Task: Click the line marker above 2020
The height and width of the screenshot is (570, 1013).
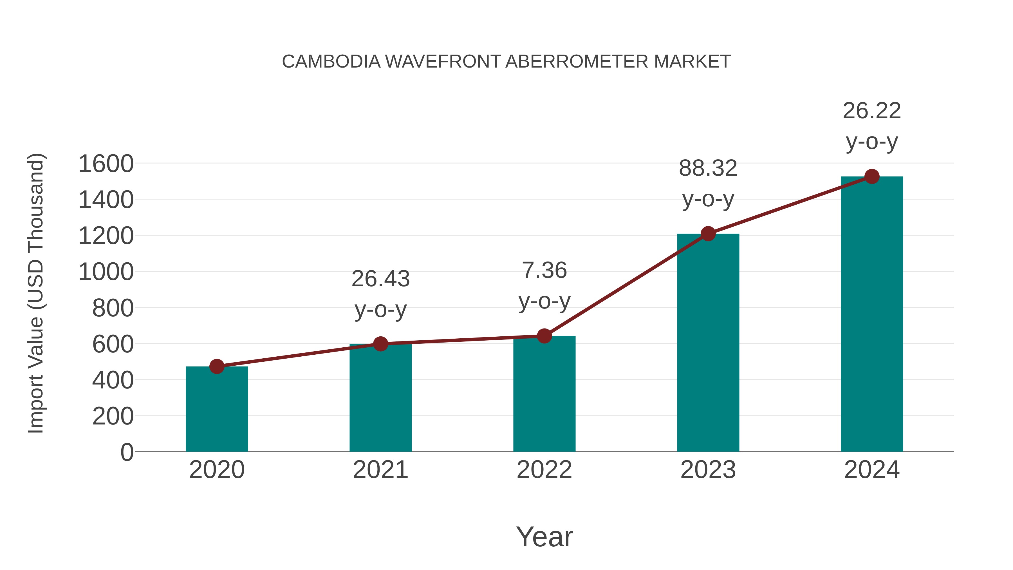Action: click(x=217, y=366)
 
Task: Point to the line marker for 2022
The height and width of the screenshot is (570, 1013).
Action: click(x=544, y=336)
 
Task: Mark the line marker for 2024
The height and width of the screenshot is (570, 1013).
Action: click(x=872, y=176)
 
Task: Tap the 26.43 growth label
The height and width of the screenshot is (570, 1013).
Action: click(x=380, y=279)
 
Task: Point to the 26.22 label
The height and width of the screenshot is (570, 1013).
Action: click(x=872, y=111)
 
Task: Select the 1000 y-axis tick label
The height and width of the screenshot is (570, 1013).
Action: click(x=106, y=272)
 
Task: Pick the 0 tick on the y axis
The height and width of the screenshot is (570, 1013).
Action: click(x=127, y=452)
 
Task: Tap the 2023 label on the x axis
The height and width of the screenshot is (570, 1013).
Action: click(x=708, y=470)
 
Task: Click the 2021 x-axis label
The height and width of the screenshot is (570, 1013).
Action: click(x=380, y=470)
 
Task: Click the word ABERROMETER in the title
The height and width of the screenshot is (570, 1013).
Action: click(x=577, y=62)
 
